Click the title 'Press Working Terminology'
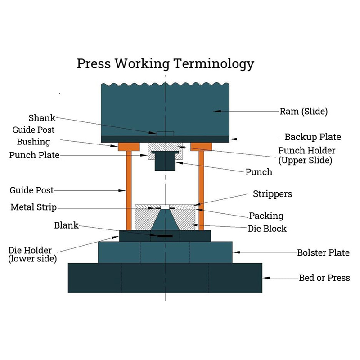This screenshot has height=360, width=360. point(165,63)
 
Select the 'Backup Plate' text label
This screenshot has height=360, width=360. point(313,137)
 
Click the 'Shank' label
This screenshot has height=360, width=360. point(42,118)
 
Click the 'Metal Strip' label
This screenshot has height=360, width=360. point(34,207)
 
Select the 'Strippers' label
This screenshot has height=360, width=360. point(272,194)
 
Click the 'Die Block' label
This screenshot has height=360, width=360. point(267,229)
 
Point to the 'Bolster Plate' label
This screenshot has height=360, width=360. point(323,252)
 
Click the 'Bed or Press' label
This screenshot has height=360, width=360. point(324,278)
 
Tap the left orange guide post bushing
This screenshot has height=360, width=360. point(128,147)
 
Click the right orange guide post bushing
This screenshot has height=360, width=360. point(201,147)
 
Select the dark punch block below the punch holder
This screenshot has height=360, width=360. point(165,162)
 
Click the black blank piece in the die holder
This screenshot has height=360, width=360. point(165,235)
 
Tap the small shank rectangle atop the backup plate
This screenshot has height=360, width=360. point(165,134)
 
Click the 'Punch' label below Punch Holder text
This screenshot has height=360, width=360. point(259,172)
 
